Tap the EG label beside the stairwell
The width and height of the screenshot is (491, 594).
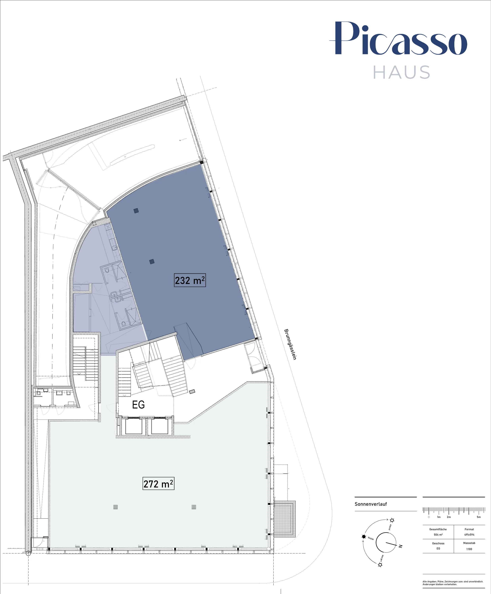point(138,405)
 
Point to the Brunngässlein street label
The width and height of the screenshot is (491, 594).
point(290,344)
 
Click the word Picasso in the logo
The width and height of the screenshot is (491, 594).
point(398,38)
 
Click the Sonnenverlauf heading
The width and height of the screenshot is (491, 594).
point(370,504)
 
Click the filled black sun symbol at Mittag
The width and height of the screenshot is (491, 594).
point(364,537)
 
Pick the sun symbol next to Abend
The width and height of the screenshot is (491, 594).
point(392,520)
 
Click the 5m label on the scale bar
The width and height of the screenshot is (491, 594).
point(479,517)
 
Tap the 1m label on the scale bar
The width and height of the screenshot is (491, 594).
point(439,517)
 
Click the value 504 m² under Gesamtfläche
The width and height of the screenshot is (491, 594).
point(438,535)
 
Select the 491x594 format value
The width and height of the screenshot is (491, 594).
point(469,535)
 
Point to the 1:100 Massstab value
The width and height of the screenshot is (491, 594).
point(469,549)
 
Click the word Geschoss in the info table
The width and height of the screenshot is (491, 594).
point(438,543)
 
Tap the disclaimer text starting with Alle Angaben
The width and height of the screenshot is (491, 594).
point(453,583)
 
